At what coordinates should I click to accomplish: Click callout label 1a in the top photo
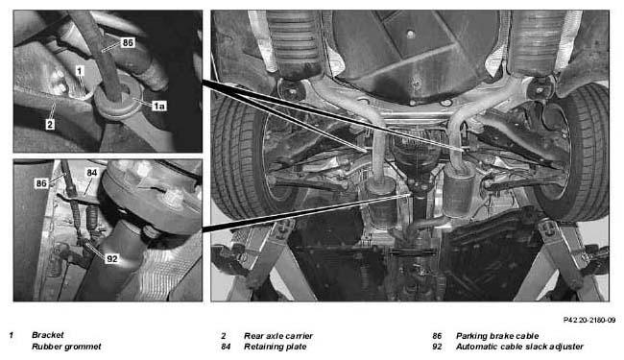(159, 106)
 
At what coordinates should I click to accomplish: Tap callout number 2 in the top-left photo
(50, 125)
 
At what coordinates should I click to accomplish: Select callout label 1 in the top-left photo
(80, 71)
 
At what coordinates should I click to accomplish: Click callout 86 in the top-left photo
(128, 42)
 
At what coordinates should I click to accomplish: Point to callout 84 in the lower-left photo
(92, 173)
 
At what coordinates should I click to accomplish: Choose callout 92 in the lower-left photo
(112, 259)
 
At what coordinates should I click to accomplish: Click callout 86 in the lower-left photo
(41, 183)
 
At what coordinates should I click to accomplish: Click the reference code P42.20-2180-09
(589, 320)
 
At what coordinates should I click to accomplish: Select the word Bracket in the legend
(47, 335)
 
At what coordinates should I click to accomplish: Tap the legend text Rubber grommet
(66, 347)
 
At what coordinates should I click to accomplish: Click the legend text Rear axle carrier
(278, 336)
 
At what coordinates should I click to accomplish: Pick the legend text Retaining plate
(275, 347)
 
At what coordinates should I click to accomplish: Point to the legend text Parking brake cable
(497, 336)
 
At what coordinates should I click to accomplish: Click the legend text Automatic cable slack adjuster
(519, 347)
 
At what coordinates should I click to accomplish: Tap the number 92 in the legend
(437, 347)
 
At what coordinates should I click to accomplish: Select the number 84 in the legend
(226, 347)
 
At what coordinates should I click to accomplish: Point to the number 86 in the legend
(437, 336)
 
